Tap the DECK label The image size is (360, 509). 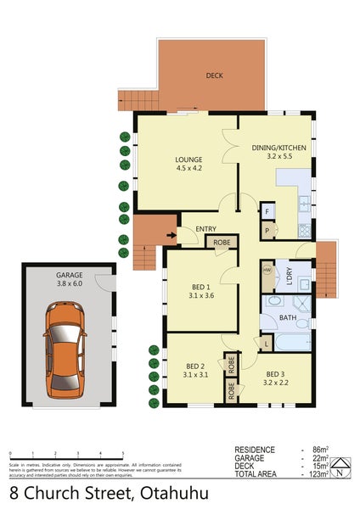(x=215, y=76)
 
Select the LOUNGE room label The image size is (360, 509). (x=187, y=158)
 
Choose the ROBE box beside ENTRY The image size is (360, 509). (x=221, y=242)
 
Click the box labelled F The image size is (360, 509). (x=267, y=210)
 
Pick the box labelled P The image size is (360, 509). (x=267, y=229)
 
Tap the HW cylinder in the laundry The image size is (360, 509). (x=267, y=271)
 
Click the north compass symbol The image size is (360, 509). (x=340, y=466)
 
